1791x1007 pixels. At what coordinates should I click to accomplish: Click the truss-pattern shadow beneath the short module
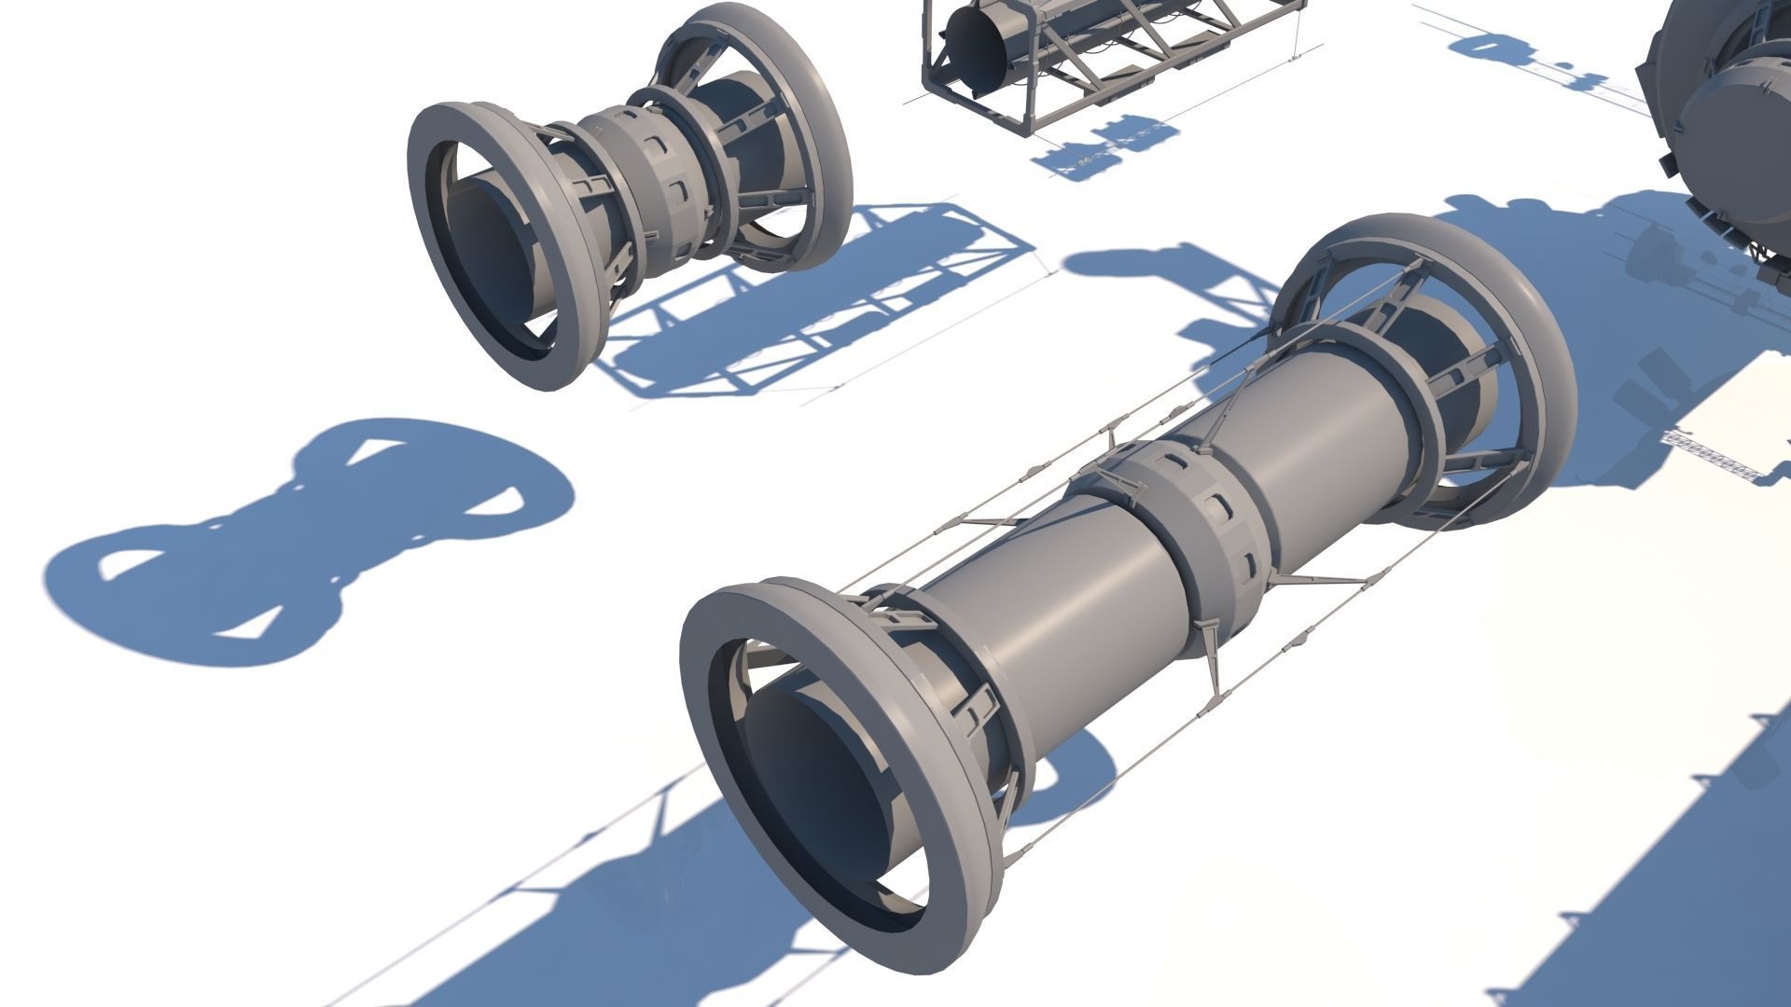click(821, 308)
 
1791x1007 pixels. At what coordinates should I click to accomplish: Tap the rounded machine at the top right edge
click(1726, 121)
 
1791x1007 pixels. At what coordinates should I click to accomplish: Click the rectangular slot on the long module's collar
click(1217, 508)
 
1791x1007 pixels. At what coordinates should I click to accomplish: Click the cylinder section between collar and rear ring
click(1325, 420)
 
